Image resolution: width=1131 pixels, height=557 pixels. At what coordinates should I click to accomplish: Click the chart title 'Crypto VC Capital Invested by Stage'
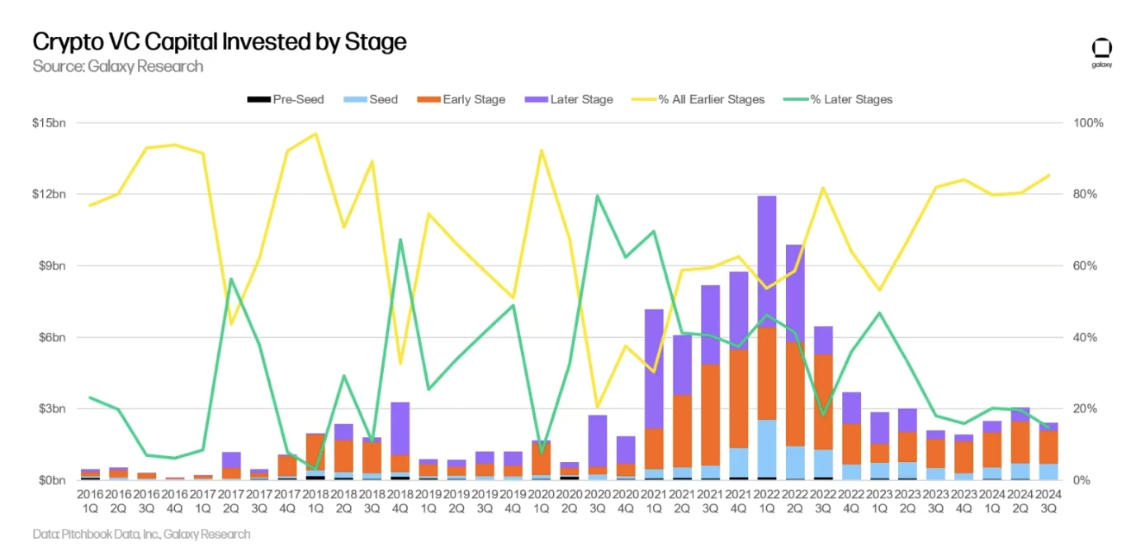click(x=220, y=41)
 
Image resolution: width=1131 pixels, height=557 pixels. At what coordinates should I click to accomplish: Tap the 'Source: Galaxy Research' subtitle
click(x=118, y=66)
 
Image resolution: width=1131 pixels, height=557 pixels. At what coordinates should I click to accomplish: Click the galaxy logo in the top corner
click(x=1101, y=51)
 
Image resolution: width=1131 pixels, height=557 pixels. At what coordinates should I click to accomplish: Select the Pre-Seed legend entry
click(x=286, y=99)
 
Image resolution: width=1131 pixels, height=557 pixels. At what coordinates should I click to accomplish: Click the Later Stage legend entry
click(x=570, y=99)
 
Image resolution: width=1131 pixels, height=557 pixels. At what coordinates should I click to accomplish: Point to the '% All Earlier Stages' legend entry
click(x=699, y=99)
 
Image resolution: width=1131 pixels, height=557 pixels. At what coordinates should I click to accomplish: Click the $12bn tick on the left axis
click(x=49, y=194)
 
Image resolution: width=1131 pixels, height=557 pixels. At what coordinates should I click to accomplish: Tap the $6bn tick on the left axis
click(x=51, y=337)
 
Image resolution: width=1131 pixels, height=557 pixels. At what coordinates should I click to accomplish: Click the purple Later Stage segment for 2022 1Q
click(x=766, y=261)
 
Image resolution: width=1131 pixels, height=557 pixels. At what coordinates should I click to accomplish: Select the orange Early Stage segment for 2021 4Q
click(x=738, y=398)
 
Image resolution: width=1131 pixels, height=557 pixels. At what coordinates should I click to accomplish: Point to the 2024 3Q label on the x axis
click(x=1048, y=501)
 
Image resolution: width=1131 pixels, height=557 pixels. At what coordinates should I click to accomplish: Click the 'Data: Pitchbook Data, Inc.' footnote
click(x=141, y=534)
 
